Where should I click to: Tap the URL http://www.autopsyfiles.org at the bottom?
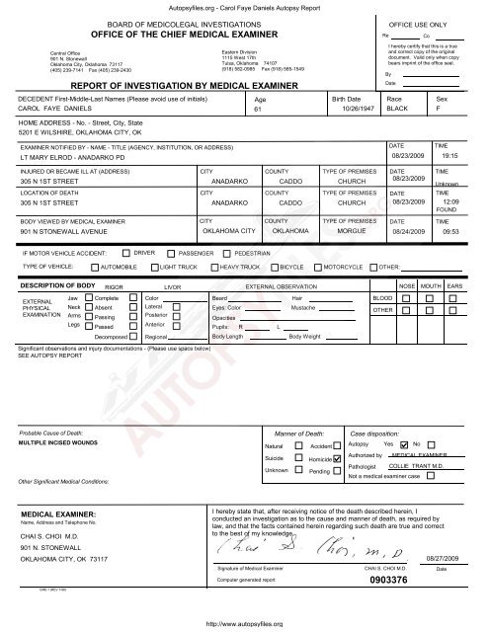tap(244, 624)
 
